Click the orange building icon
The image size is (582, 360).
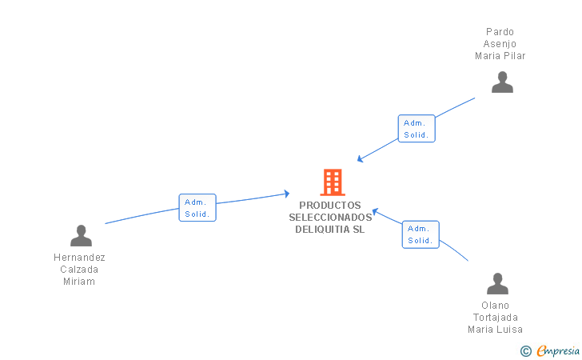[332, 182]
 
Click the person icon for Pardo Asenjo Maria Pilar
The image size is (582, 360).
[502, 82]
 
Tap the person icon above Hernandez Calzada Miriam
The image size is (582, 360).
[81, 235]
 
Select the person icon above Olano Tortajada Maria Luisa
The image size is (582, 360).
[497, 283]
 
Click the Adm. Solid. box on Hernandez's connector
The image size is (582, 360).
[197, 208]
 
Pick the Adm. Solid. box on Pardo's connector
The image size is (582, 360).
[417, 129]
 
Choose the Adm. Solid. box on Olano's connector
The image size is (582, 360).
[420, 234]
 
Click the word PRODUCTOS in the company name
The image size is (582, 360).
[330, 206]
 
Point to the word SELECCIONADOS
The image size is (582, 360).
[330, 218]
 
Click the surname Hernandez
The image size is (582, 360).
[79, 258]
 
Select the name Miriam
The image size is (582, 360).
[79, 282]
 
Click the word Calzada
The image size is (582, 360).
[79, 270]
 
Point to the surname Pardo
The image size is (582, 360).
[500, 32]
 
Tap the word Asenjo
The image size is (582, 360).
[500, 44]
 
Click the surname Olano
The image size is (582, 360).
[495, 306]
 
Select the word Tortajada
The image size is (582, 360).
[495, 318]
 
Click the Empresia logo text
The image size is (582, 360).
[558, 350]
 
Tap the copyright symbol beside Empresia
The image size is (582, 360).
[525, 350]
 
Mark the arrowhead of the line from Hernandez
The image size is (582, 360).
[286, 194]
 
